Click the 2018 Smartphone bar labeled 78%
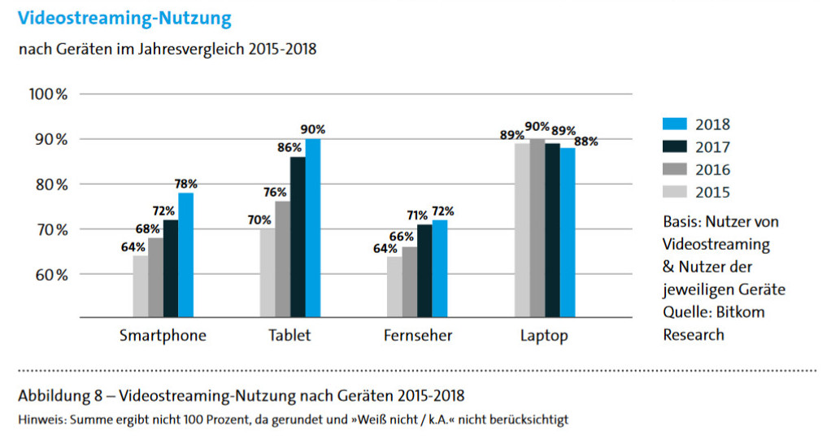pyautogui.click(x=186, y=254)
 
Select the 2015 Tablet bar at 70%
pyautogui.click(x=268, y=272)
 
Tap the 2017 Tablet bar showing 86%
pyautogui.click(x=298, y=236)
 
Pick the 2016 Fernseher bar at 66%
pyautogui.click(x=409, y=281)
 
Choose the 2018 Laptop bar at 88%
pyautogui.click(x=567, y=232)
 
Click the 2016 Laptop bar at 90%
pyautogui.click(x=537, y=228)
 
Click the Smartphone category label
pyautogui.click(x=163, y=335)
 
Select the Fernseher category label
pyautogui.click(x=417, y=335)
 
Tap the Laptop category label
pyautogui.click(x=545, y=335)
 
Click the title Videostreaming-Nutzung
pyautogui.click(x=124, y=17)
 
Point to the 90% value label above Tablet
pyautogui.click(x=313, y=129)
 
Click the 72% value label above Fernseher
pyautogui.click(x=443, y=211)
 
